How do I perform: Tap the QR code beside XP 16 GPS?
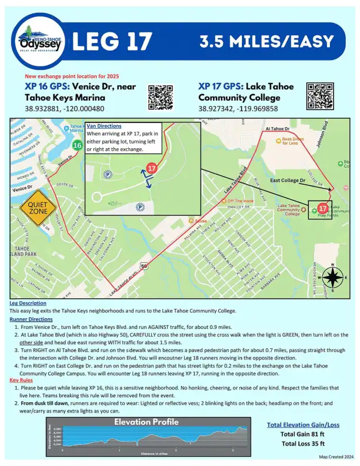point(159,96)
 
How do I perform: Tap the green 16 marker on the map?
point(77,145)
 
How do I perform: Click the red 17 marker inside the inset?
point(152,168)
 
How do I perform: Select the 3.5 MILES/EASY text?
point(266,42)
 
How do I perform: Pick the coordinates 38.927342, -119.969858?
point(238,109)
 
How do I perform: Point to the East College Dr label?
point(286,181)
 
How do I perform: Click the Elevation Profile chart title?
point(146,422)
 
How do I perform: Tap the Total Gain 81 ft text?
point(303,434)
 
